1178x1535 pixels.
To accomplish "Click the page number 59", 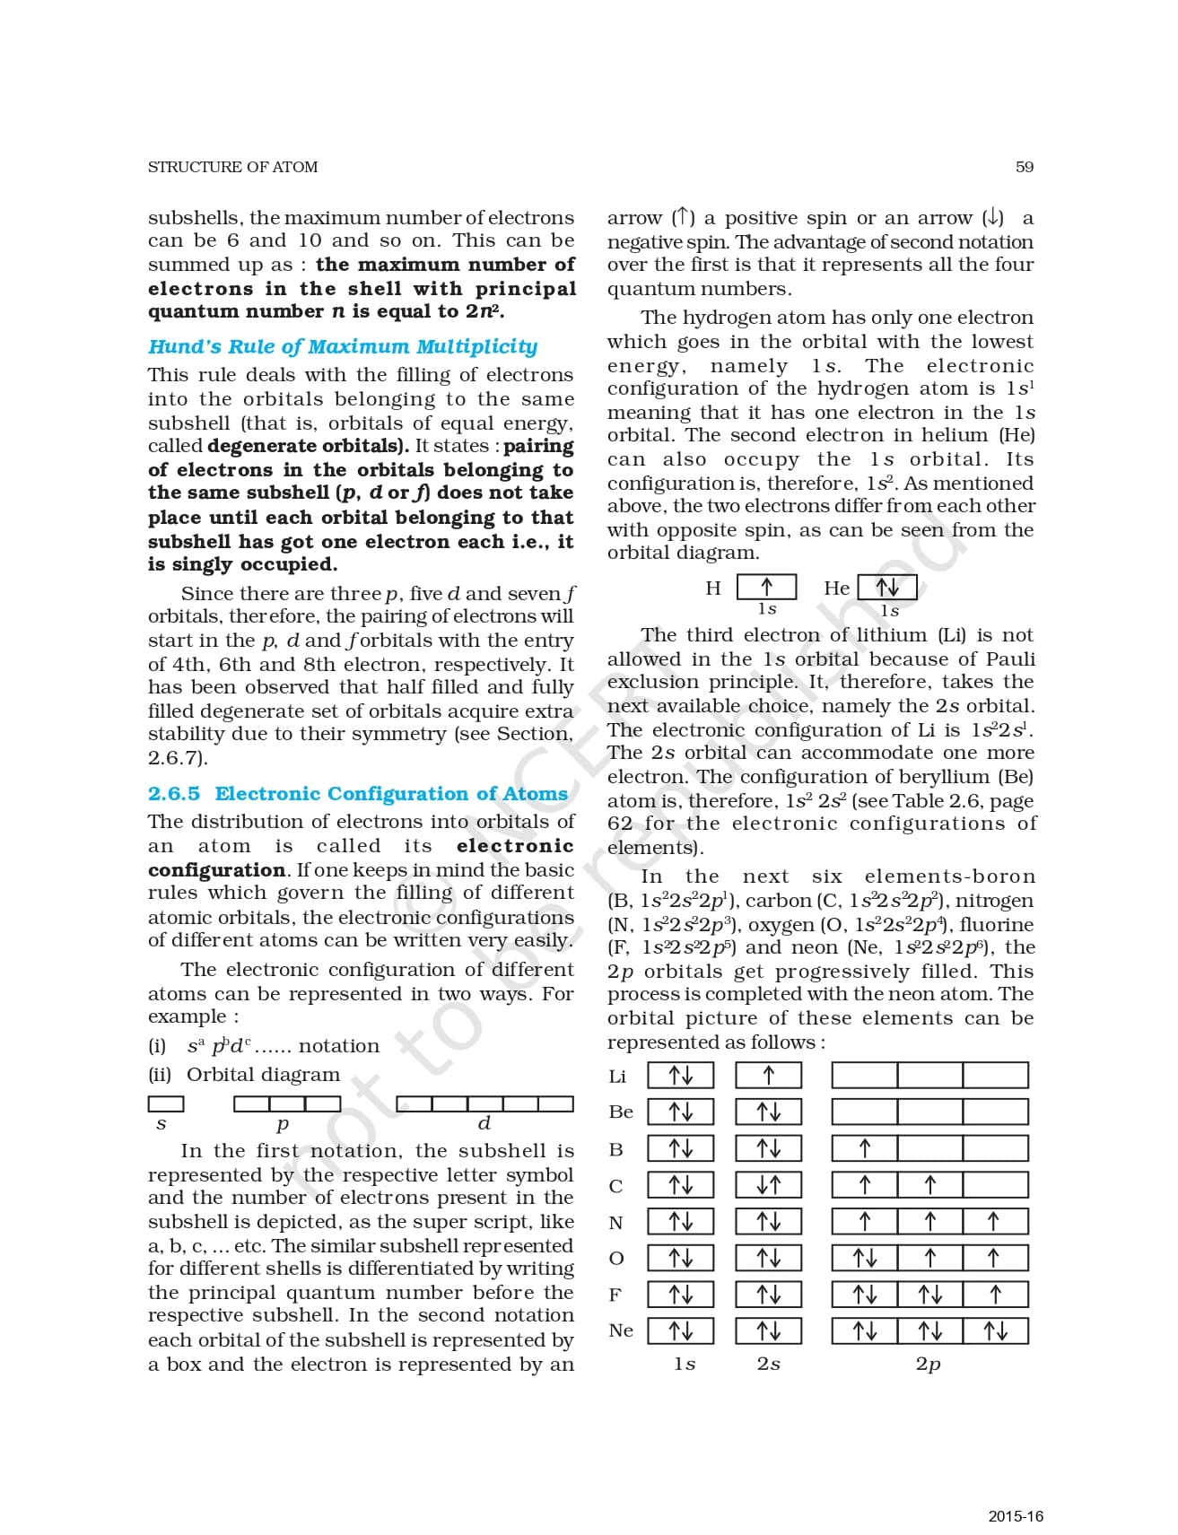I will tap(1024, 167).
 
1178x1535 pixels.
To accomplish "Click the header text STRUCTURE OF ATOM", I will tap(232, 167).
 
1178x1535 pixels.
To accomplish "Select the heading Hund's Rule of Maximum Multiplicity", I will tap(343, 346).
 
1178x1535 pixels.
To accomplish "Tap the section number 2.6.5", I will tap(174, 793).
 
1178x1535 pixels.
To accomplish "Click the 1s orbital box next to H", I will tap(766, 588).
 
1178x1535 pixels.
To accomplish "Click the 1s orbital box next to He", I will tap(887, 588).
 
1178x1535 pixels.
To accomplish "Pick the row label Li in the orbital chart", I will tap(617, 1076).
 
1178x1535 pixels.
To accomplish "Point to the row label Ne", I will tap(620, 1330).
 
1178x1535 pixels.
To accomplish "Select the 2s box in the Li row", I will tap(768, 1075).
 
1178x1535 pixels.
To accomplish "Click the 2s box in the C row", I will tap(768, 1185).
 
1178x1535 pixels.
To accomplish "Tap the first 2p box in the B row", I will tap(864, 1148).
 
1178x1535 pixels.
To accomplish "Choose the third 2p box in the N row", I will tap(994, 1221).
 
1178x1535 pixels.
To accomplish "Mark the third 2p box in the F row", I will tap(994, 1294).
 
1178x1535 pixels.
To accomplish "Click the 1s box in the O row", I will tap(680, 1258).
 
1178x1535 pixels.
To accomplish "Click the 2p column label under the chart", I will tap(928, 1364).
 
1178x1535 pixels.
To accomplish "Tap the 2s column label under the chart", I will tap(768, 1364).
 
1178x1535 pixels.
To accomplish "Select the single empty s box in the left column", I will tap(166, 1103).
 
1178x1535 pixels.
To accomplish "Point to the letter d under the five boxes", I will tap(484, 1123).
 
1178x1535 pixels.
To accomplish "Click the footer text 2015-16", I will tap(1016, 1516).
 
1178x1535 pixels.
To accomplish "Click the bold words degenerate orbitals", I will tap(308, 446).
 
